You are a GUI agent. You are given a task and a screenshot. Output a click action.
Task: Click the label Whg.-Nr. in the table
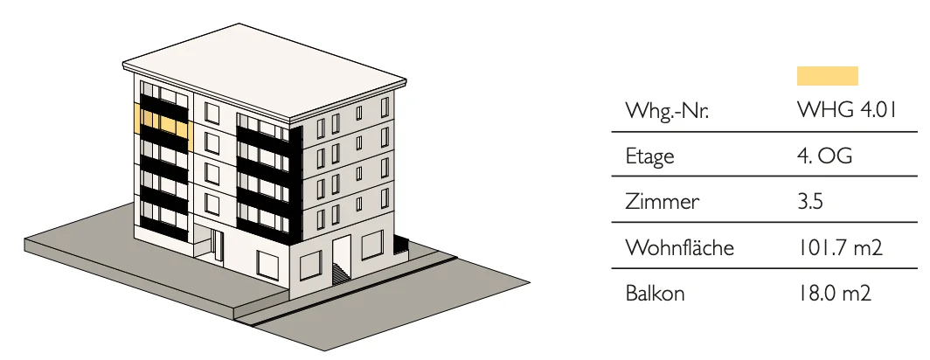click(x=667, y=111)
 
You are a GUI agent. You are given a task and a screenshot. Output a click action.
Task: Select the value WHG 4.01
click(x=846, y=110)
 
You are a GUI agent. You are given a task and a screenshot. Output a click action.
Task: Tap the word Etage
click(x=649, y=157)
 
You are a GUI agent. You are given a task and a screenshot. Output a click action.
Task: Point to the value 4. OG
click(x=825, y=156)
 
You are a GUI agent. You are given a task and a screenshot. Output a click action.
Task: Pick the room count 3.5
click(x=810, y=202)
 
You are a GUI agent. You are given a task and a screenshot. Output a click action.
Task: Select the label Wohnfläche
click(x=680, y=247)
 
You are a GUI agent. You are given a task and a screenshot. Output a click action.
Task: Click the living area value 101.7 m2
click(x=840, y=247)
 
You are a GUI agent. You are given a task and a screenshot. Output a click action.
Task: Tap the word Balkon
click(x=655, y=293)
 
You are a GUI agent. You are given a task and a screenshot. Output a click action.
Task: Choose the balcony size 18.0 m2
click(x=834, y=293)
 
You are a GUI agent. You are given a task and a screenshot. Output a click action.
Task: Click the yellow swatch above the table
click(x=828, y=76)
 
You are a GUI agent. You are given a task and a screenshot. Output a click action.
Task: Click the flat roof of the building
click(x=265, y=70)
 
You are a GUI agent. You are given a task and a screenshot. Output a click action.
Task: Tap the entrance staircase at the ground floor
click(x=342, y=273)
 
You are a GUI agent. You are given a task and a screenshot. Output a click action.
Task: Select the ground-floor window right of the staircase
click(x=371, y=245)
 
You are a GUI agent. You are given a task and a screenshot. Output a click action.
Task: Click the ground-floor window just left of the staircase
click(x=310, y=265)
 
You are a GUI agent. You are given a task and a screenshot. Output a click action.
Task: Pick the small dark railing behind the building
click(x=401, y=245)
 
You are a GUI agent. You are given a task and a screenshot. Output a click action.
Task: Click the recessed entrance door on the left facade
click(x=218, y=244)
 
